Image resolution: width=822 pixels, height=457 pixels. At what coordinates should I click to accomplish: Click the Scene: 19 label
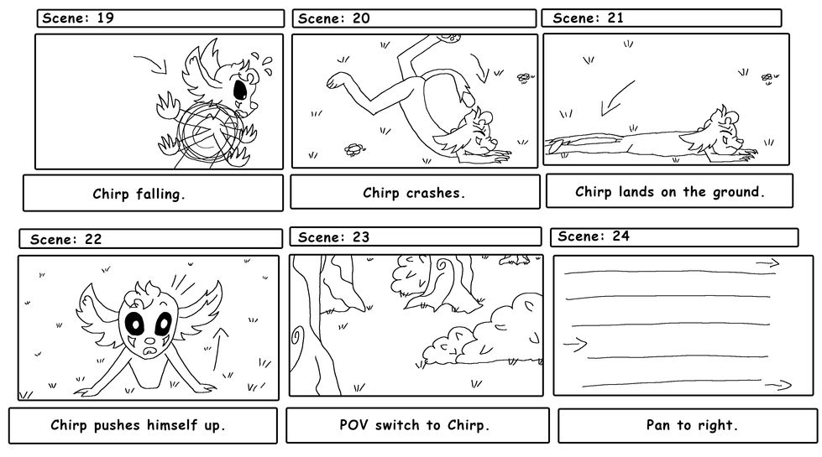pyautogui.click(x=78, y=18)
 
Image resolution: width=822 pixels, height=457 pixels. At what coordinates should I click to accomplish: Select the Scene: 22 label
pyautogui.click(x=66, y=239)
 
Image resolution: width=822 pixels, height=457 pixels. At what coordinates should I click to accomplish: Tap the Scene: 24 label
pyautogui.click(x=593, y=236)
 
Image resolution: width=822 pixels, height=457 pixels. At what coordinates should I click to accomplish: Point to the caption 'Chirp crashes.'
pyautogui.click(x=414, y=193)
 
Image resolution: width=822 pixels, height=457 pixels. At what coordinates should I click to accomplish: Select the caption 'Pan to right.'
pyautogui.click(x=692, y=425)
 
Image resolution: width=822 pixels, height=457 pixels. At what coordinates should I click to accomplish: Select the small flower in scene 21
pyautogui.click(x=767, y=77)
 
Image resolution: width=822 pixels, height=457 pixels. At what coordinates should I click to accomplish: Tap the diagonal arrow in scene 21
pyautogui.click(x=615, y=96)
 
